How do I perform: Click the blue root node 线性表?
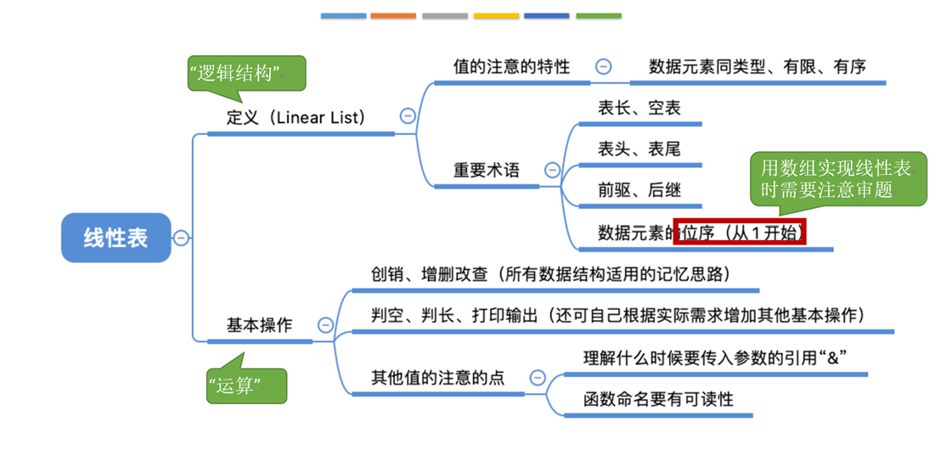pos(116,238)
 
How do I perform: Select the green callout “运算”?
pos(245,386)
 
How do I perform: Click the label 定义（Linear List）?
pos(295,117)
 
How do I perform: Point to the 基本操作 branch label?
pos(259,324)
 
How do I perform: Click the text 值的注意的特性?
pos(512,66)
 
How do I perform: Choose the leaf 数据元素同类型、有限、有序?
pos(757,66)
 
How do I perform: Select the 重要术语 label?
pos(486,170)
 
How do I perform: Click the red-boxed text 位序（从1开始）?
pos(739,233)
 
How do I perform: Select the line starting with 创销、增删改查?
pos(551,274)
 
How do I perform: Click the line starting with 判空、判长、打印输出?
pos(618,315)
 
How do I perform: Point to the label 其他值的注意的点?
pos(437,377)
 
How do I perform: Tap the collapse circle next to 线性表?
pos(181,238)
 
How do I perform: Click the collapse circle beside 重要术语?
pos(552,171)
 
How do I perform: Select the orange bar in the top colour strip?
pos(393,15)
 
